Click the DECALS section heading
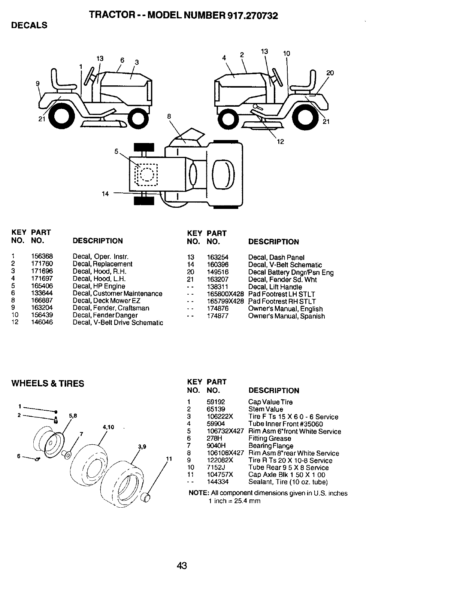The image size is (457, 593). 30,25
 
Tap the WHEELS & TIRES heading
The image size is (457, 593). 48,383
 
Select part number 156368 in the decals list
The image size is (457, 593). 42,256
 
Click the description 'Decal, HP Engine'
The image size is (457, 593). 99,286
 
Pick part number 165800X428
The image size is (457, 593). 225,294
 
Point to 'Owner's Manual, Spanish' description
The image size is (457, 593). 287,316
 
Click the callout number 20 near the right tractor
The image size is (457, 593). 330,73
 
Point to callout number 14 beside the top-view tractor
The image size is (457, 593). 105,194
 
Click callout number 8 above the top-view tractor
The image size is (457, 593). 169,116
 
